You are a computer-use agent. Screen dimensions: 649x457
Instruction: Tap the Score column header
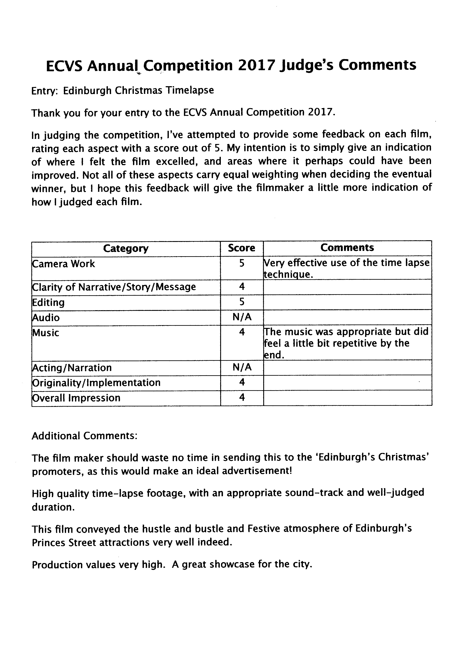242,248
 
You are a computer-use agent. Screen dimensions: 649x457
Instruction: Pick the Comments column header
347,248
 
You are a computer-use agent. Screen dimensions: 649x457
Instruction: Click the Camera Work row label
64,264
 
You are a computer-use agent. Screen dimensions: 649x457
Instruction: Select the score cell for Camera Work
242,263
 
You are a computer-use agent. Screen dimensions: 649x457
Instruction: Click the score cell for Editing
242,302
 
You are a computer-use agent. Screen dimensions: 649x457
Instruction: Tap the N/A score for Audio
242,317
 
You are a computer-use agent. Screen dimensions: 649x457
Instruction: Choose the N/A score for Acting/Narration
242,367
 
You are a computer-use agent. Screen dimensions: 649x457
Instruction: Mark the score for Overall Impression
242,397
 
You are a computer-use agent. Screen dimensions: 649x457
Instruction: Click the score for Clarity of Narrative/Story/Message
242,287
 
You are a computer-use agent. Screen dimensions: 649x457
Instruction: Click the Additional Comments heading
84,436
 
